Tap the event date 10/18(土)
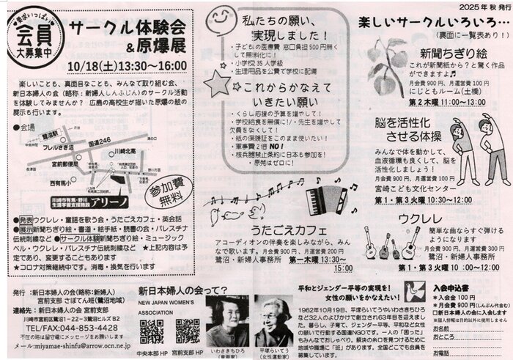click(x=93, y=65)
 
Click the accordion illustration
click(x=325, y=196)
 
